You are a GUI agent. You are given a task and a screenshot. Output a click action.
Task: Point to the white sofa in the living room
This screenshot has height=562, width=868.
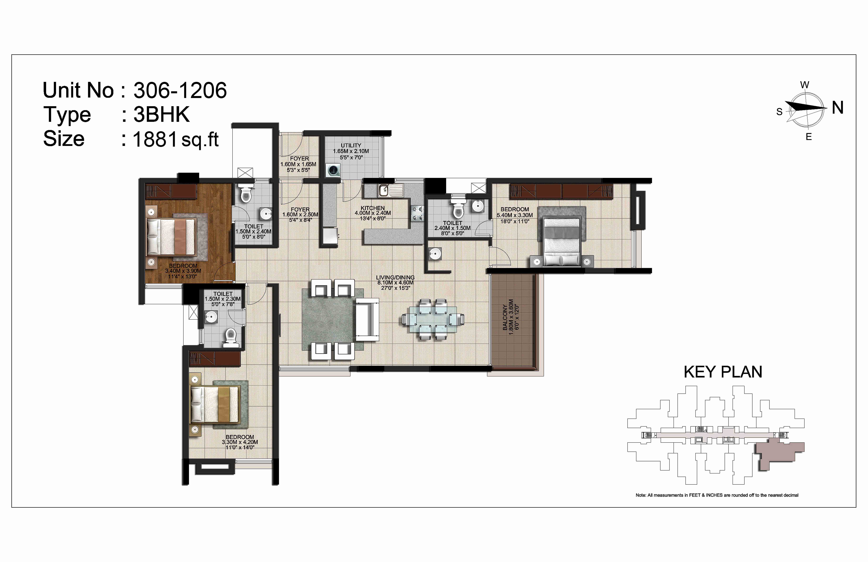[x=367, y=320]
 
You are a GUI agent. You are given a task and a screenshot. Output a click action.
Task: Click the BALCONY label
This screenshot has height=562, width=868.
[x=505, y=318]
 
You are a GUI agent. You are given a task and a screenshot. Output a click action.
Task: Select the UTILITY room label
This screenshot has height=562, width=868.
[x=351, y=145]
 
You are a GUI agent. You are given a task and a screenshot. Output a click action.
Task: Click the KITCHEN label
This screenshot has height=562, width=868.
[x=373, y=208]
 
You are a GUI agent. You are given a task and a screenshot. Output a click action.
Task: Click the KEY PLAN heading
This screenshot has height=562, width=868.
[x=723, y=372]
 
